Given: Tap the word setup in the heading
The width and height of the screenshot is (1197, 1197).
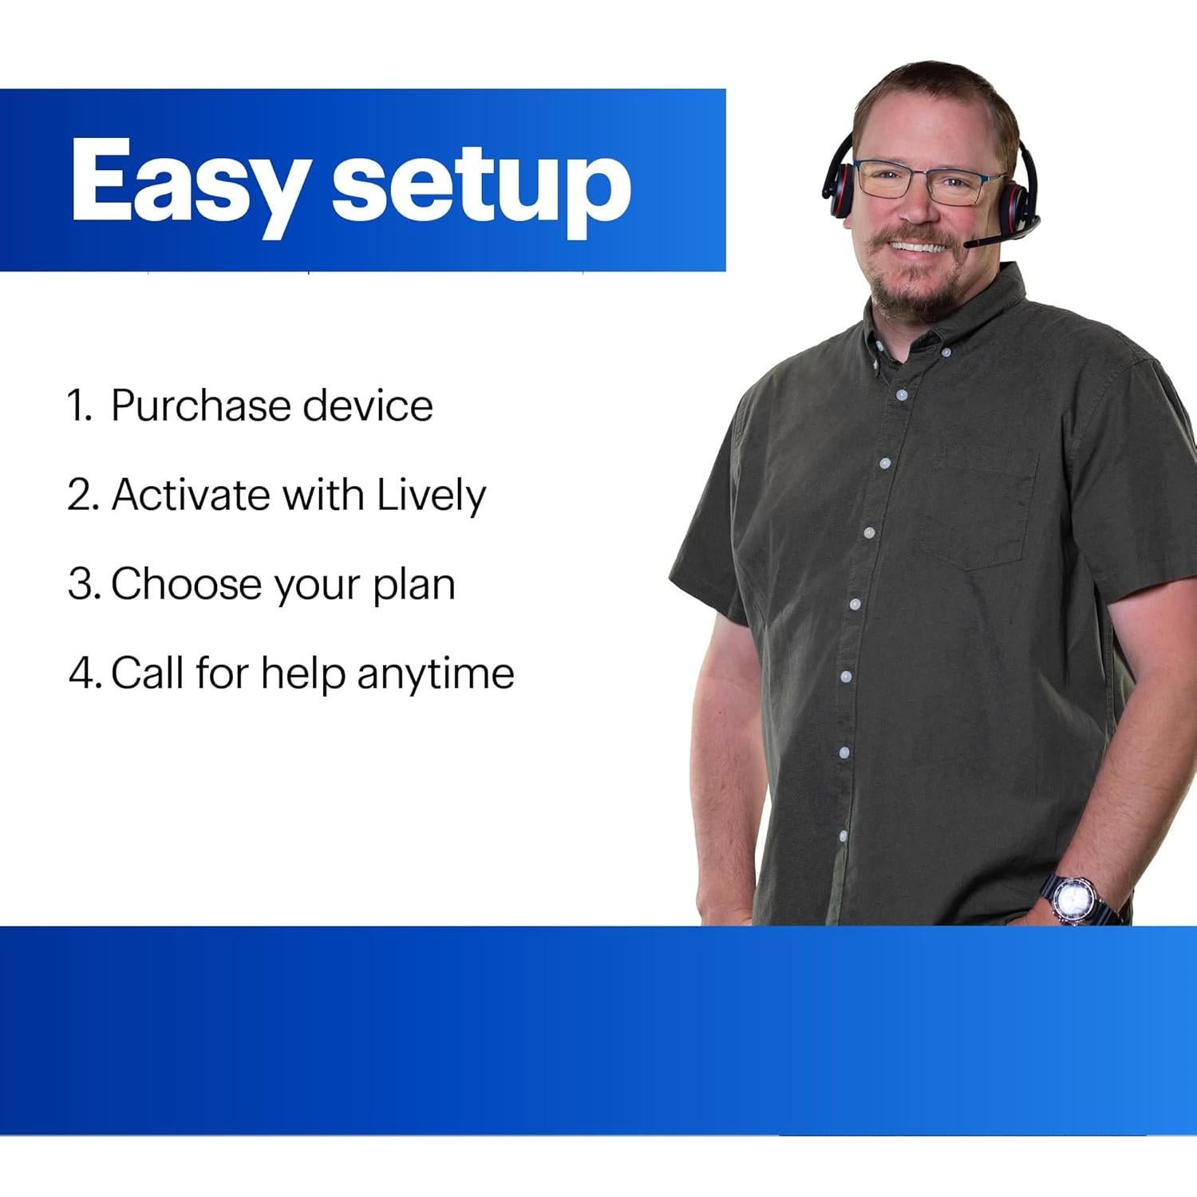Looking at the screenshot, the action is [482, 188].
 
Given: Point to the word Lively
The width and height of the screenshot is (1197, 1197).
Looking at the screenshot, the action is [431, 496].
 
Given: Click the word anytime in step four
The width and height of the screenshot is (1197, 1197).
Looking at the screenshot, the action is [435, 674].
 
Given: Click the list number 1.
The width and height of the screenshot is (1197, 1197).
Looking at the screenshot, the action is [80, 405].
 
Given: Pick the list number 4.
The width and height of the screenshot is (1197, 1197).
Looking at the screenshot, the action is [85, 674].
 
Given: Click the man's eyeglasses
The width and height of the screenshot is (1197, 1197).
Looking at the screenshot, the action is [929, 181].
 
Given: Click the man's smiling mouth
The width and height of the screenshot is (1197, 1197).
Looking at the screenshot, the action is [920, 247].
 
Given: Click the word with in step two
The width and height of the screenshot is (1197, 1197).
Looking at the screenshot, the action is [324, 495].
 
